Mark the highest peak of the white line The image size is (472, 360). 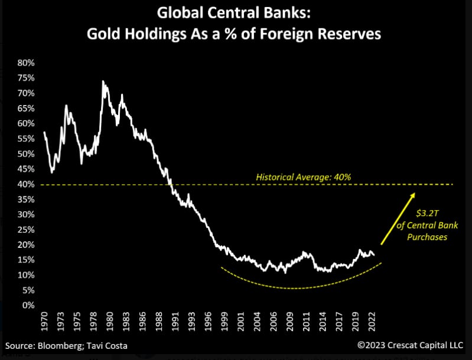coord(103,81)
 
